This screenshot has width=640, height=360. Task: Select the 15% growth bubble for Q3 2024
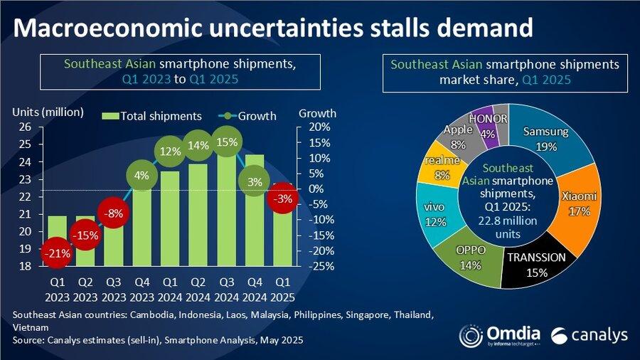[225, 142]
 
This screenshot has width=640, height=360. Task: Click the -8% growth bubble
[114, 212]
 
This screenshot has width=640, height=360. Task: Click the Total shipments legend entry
[152, 116]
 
